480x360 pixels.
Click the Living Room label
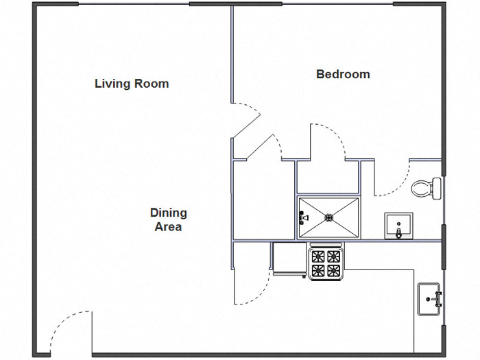(x=131, y=84)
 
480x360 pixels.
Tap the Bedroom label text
(x=342, y=74)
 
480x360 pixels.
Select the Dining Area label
(x=168, y=219)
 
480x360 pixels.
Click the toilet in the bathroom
(x=427, y=187)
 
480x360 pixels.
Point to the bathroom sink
(x=398, y=226)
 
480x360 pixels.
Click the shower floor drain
(x=328, y=218)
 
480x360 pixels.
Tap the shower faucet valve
(x=302, y=219)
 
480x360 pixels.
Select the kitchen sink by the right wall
(x=429, y=299)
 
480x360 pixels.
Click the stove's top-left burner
(x=318, y=256)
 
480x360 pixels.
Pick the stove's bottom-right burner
(x=333, y=270)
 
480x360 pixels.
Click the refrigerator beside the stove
(x=289, y=259)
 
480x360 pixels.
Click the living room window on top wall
(x=133, y=4)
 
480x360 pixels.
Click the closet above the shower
(x=327, y=176)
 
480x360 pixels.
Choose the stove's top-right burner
(x=333, y=256)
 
